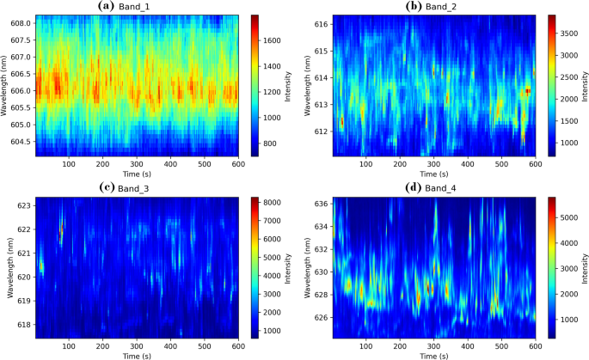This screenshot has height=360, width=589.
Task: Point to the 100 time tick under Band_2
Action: click(366, 163)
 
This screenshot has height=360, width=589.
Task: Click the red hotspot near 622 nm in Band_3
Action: click(62, 228)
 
